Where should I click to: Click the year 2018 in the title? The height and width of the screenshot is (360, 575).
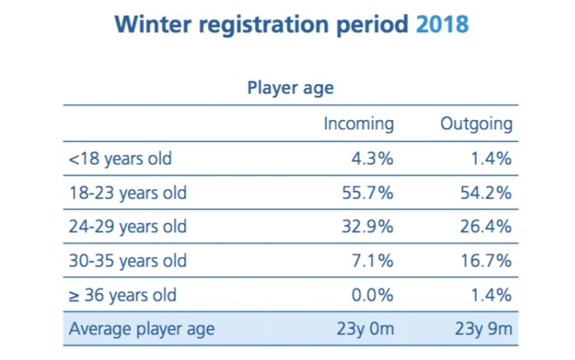[443, 25]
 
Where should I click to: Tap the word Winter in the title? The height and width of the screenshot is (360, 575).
[153, 25]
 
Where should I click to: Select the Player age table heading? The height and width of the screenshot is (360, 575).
[291, 88]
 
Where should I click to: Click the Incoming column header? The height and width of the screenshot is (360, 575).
[358, 124]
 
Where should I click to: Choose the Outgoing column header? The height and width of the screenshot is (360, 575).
[476, 124]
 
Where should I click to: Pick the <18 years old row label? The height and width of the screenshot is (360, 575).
[120, 159]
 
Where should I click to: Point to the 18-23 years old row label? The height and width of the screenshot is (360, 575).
[128, 192]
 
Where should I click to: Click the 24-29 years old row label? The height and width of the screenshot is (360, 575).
[128, 227]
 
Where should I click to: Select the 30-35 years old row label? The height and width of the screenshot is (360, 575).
[128, 261]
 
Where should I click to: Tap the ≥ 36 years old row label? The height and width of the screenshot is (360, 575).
[123, 295]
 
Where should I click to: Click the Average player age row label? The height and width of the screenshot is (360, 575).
[142, 329]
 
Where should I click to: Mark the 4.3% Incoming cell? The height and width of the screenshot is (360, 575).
[372, 159]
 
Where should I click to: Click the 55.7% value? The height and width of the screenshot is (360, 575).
[368, 192]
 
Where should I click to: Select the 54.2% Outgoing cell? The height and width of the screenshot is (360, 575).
[486, 192]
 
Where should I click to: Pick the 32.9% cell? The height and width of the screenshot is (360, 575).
[368, 227]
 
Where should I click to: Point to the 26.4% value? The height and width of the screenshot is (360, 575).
[486, 227]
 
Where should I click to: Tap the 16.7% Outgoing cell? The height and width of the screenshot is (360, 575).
[486, 261]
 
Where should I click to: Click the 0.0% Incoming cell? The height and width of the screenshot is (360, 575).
[372, 295]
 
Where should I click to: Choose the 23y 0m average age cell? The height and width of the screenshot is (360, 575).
[365, 329]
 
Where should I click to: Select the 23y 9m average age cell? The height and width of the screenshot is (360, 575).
[484, 329]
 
